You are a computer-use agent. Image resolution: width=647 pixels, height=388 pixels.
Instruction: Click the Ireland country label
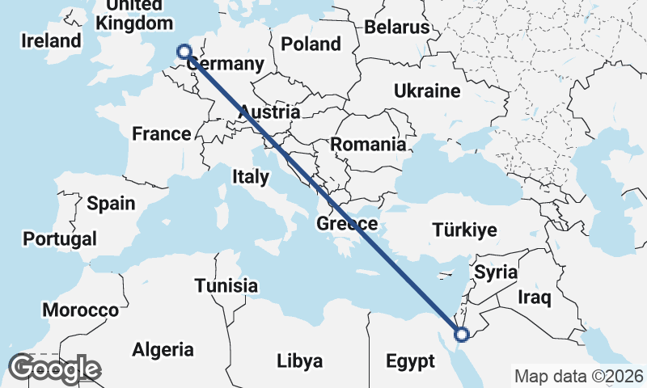coord(52,40)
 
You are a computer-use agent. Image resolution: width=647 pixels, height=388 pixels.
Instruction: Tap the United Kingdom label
coord(133,14)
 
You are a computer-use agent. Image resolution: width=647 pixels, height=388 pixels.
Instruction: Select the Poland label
coord(311,43)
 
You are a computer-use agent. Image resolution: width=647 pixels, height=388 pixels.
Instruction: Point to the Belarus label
coord(396,27)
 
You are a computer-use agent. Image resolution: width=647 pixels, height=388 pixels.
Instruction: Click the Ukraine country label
coord(427,91)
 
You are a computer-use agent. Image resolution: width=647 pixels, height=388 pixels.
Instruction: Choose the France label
coord(162,133)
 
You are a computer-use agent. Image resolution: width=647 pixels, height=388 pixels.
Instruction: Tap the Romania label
coord(368,145)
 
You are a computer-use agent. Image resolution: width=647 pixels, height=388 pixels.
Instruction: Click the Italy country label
coord(251,176)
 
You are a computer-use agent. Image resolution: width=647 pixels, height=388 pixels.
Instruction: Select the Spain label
coord(111,203)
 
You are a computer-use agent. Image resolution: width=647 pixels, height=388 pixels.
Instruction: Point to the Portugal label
coord(60,238)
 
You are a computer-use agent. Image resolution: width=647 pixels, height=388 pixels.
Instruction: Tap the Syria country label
coord(495,272)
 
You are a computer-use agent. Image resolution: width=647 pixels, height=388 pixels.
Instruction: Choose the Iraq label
coord(535,298)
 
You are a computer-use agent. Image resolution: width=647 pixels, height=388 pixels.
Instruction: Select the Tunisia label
coord(226,285)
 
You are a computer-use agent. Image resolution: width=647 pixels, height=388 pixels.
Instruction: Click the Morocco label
coord(81,310)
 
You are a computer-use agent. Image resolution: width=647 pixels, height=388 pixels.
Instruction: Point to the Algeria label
coord(163,349)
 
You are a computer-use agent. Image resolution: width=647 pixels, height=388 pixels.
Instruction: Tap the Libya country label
coord(299,361)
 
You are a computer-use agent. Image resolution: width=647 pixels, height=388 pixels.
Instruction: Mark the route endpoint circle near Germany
coord(184,51)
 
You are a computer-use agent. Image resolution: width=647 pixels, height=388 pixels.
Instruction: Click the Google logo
coord(55,369)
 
